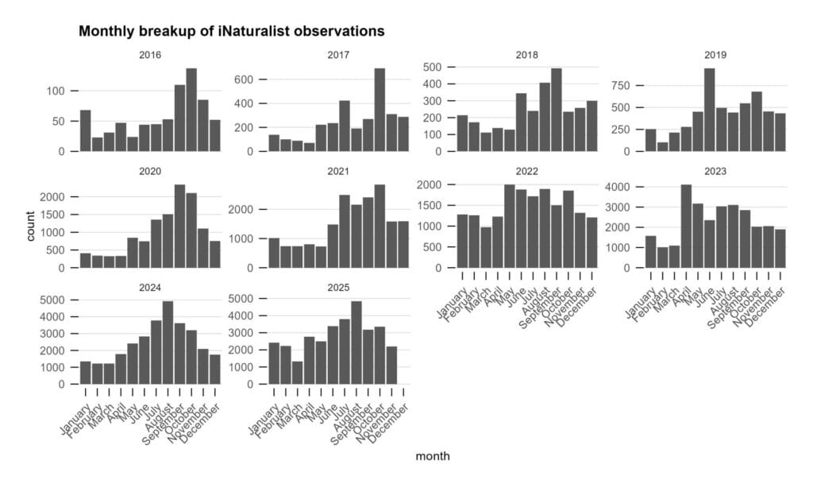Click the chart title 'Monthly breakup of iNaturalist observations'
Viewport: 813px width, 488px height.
coord(231,32)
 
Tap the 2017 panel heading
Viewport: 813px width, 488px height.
coord(339,56)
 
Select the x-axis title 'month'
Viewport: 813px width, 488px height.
coord(433,456)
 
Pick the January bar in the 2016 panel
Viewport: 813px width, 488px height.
coord(86,130)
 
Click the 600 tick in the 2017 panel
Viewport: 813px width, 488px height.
coord(249,79)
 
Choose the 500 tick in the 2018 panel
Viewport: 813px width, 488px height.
coord(436,67)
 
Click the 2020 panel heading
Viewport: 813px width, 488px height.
coord(150,172)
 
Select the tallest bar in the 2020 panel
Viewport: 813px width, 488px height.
coord(179,227)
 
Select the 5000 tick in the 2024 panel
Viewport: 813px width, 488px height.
coord(60,300)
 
